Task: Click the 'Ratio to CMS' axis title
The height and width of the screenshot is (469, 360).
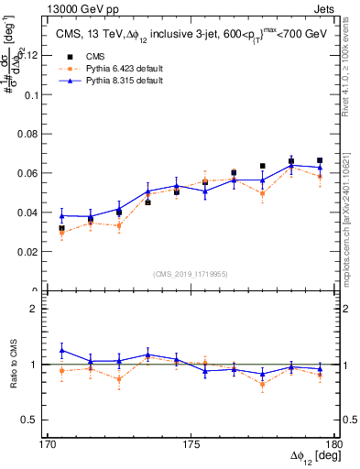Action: pos(14,364)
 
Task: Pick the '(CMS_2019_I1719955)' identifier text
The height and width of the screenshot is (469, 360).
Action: pos(191,273)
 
